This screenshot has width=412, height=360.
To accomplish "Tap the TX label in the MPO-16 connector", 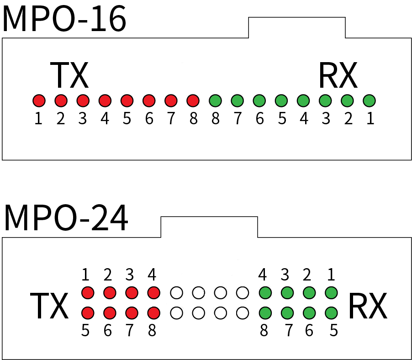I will tap(69, 75).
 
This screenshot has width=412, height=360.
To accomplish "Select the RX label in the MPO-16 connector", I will tap(338, 75).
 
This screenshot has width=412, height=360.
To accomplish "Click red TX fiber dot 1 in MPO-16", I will tap(39, 100).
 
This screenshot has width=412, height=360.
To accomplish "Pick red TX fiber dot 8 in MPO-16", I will tap(193, 100).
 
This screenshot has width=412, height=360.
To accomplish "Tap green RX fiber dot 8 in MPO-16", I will tap(215, 100).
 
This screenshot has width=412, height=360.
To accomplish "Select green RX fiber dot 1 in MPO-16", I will tap(370, 100).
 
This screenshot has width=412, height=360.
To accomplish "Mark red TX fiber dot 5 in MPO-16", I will tap(127, 100).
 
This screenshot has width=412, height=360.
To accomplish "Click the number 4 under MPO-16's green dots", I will tap(304, 119).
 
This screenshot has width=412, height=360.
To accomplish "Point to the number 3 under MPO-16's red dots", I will tap(83, 119).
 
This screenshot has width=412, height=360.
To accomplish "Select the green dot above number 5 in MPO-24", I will tap(332, 313).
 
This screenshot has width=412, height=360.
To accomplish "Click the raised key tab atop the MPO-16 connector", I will tap(296, 27).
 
